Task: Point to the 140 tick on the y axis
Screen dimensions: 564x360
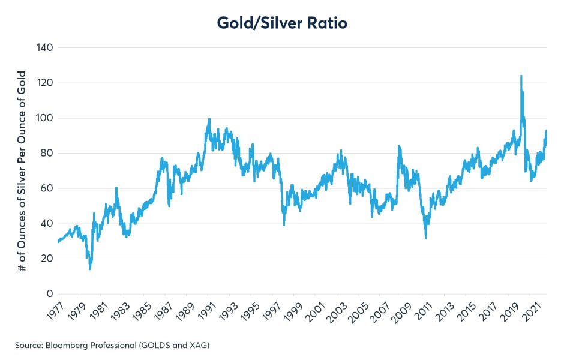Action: click(46, 47)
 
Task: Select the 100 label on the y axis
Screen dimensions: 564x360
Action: click(46, 118)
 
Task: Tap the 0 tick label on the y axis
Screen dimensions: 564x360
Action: click(50, 294)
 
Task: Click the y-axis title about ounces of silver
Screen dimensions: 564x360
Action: click(22, 171)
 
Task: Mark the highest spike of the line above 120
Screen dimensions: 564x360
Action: click(521, 76)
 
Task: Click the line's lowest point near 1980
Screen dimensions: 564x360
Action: click(90, 268)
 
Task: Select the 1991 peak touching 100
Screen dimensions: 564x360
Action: click(209, 119)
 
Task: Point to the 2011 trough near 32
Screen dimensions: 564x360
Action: click(425, 238)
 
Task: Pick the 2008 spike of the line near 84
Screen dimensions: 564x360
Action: click(398, 146)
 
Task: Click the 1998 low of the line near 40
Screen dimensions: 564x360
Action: click(284, 224)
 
